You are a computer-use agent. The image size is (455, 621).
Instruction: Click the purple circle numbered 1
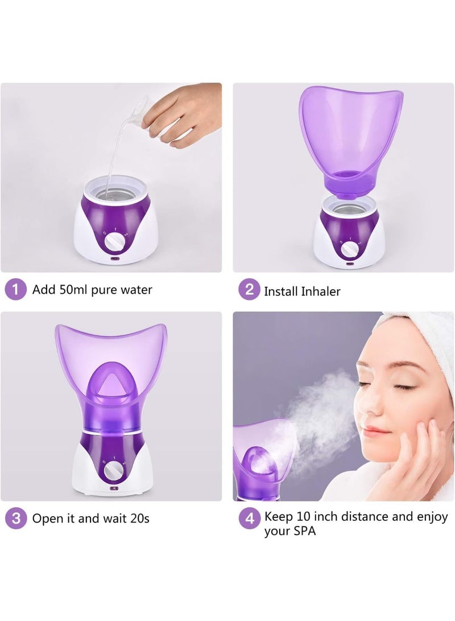[16, 290]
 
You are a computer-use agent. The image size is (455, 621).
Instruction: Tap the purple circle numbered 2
[249, 290]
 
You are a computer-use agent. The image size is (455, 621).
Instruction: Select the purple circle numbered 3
[16, 518]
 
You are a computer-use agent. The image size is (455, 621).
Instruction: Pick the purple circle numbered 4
[249, 518]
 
